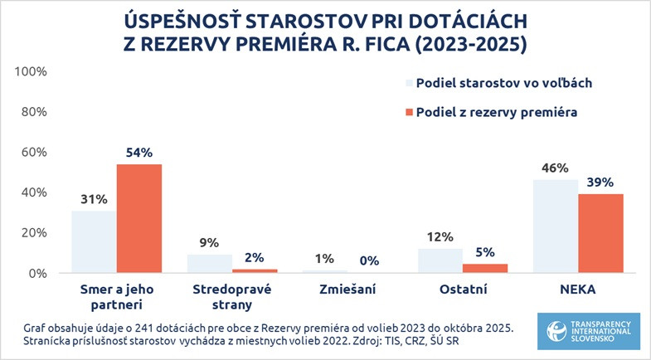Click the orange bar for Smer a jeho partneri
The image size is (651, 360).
(x=138, y=218)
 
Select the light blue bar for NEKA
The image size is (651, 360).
(x=555, y=226)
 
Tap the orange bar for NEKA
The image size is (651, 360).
(x=600, y=233)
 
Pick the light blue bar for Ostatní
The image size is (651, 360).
(x=440, y=260)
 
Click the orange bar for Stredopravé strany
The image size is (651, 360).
(x=255, y=270)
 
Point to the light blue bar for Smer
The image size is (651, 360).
(x=93, y=241)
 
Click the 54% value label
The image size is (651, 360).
(x=138, y=153)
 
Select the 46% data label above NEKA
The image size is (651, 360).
(x=555, y=168)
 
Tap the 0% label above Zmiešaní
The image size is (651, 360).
(x=369, y=260)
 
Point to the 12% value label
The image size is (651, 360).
(x=440, y=237)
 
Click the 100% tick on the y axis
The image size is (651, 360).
(x=32, y=72)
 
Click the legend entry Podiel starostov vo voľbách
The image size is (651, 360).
(x=502, y=83)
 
